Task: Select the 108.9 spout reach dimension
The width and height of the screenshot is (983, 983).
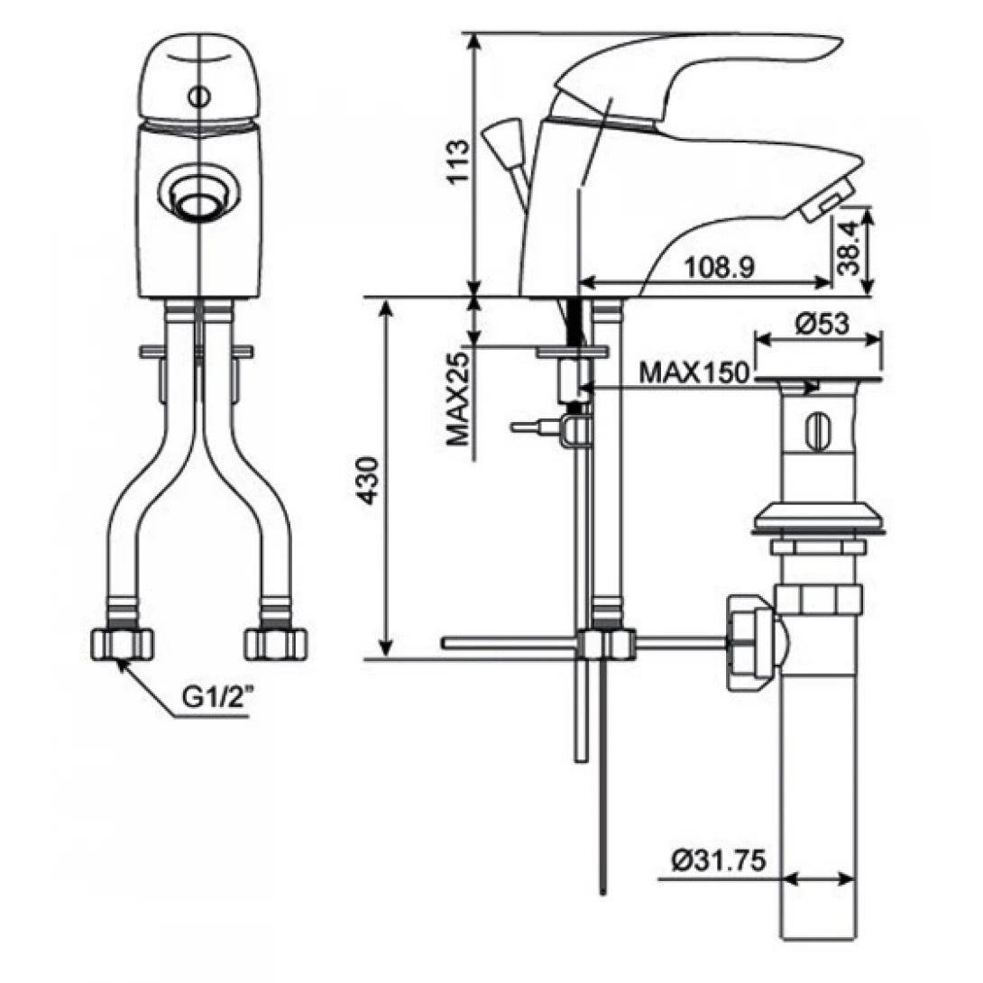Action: coord(719,267)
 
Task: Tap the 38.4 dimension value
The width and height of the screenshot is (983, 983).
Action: coord(853,250)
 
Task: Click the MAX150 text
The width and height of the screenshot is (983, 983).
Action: coord(694,372)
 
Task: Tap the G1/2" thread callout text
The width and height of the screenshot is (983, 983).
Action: coord(216,697)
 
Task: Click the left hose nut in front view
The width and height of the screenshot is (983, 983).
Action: coord(123,642)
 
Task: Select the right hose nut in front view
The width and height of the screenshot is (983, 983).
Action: coord(277,642)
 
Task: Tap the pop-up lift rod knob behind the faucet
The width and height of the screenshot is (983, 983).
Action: coord(497,142)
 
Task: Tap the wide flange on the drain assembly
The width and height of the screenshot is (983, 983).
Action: coord(817,519)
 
